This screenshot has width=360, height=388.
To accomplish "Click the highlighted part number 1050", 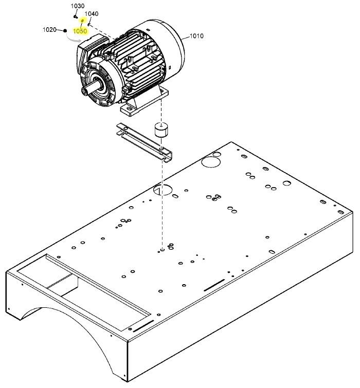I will click(x=80, y=31).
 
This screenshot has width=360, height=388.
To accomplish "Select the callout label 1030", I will click(x=77, y=6).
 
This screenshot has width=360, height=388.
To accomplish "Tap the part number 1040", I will click(x=92, y=14).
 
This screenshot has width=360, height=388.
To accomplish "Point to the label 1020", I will click(x=49, y=30).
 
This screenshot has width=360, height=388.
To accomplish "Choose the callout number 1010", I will click(x=196, y=36).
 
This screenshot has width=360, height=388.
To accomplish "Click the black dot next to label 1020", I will click(x=66, y=30).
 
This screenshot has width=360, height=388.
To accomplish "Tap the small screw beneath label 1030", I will click(x=76, y=16).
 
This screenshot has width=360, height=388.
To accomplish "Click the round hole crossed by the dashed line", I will click(x=164, y=190).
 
